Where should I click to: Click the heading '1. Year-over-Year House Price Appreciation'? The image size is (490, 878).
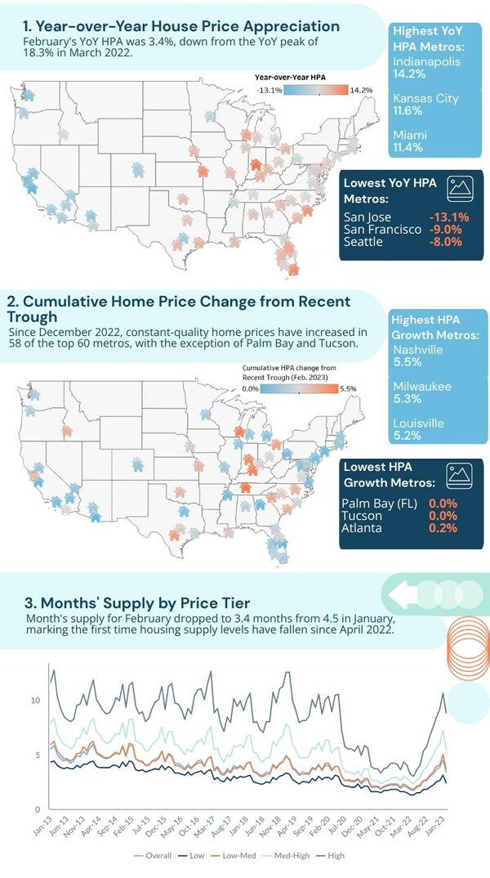coord(181,26)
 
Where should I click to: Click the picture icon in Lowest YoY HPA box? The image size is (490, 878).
coord(461,189)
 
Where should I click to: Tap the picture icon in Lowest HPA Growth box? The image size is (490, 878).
coord(461,473)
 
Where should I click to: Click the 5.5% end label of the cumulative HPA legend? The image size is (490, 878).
coord(349,390)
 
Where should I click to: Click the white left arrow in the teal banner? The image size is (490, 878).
coord(403,591)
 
